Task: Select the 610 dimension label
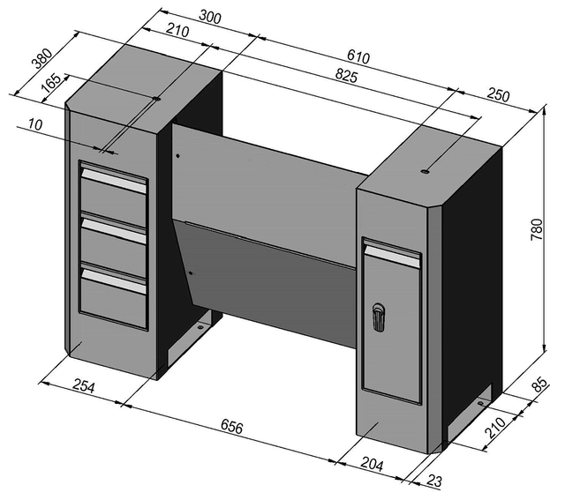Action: pos(358,57)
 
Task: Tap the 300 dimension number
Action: pos(210,16)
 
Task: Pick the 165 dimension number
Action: pos(51,81)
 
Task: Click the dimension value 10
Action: pos(35,125)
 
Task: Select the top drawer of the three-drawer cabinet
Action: pos(113,196)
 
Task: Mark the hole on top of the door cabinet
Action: pos(425,172)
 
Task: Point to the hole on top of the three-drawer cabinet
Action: pos(157,100)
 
